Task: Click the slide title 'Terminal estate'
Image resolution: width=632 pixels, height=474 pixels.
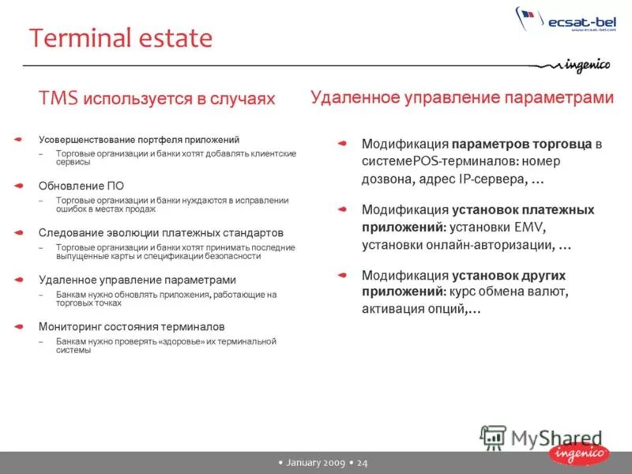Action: (121, 38)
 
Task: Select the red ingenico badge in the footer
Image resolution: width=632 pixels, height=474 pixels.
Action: (579, 453)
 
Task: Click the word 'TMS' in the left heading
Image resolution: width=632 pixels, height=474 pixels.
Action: (58, 99)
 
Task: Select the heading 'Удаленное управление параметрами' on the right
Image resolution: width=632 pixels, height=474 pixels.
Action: (461, 98)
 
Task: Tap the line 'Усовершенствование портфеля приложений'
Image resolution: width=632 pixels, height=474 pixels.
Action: (138, 139)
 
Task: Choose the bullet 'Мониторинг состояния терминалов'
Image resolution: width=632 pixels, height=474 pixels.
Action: (131, 326)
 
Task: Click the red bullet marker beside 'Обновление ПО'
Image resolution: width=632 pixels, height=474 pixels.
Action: (18, 186)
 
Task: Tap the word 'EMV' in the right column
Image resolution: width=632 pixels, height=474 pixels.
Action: (529, 228)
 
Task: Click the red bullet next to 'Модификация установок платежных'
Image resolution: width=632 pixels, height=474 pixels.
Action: (342, 209)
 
